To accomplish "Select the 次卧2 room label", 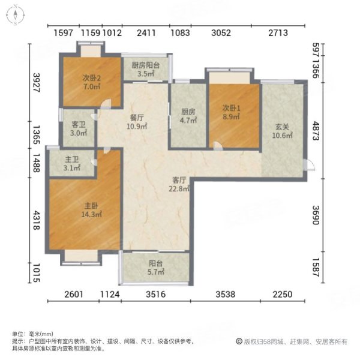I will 91,77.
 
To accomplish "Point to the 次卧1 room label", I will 231,108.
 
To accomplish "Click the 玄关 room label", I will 284,127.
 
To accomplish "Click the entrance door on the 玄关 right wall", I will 310,166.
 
